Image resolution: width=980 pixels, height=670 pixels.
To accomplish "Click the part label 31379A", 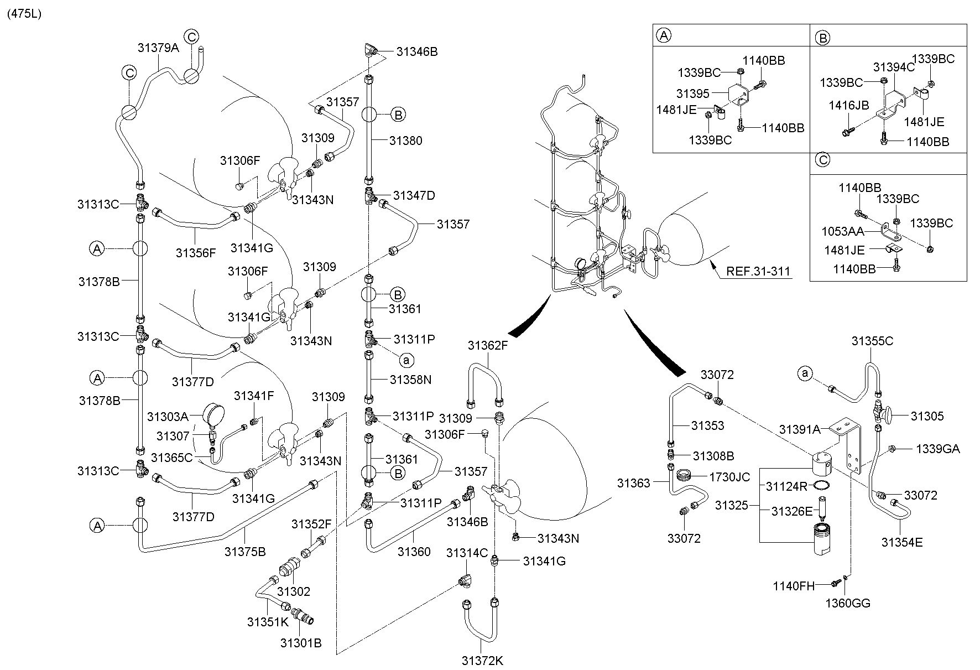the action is point(159,48).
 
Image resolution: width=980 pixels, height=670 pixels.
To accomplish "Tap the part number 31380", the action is point(405,141).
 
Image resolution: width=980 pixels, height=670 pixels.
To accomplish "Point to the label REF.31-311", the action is point(758,272).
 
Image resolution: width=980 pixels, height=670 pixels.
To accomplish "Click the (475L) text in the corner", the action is point(24,14).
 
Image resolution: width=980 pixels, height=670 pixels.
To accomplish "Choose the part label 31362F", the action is point(487,346).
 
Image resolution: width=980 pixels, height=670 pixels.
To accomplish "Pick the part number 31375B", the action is point(245,552).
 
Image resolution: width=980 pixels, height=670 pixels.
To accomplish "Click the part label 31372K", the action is point(482,661).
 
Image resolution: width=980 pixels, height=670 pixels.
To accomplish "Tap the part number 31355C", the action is point(872,341).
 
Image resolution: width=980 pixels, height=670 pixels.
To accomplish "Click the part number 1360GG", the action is point(848,603).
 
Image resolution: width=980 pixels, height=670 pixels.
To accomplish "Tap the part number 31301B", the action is point(300,643).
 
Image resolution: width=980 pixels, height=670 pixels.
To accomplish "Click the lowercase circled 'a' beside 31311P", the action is point(406,360).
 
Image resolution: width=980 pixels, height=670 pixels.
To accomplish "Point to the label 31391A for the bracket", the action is point(800,429).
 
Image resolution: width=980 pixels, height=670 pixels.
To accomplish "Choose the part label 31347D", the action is point(414,195).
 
